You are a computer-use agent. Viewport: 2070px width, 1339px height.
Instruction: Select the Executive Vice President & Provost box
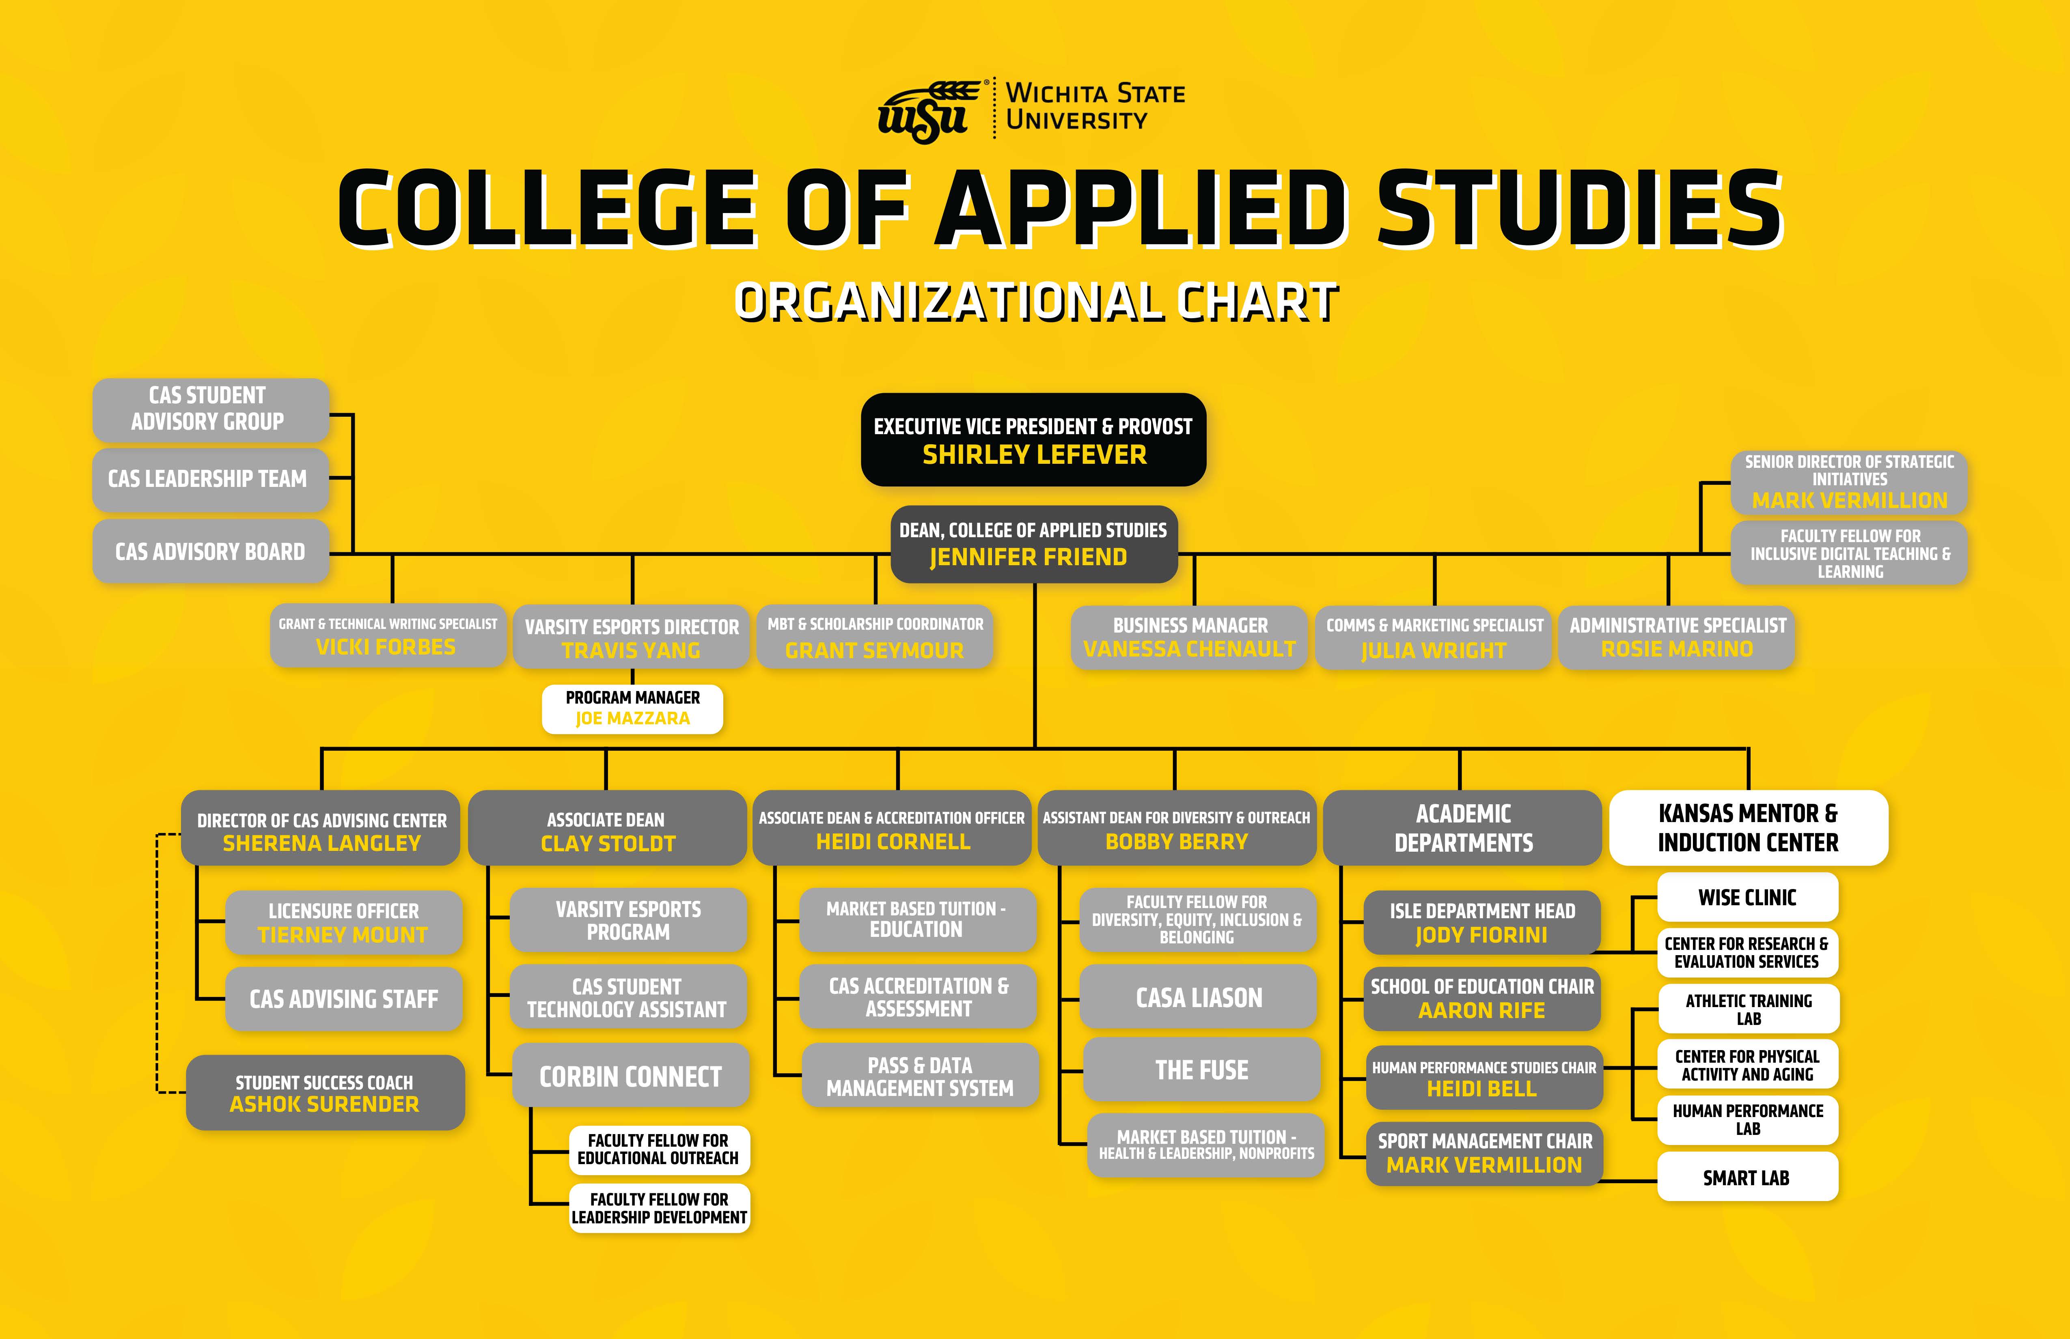(1033, 440)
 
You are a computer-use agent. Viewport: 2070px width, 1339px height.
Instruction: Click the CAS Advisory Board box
(211, 551)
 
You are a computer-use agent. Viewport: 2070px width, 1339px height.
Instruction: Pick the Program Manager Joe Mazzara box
(632, 708)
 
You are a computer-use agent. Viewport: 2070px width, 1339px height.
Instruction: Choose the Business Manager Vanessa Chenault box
(1189, 637)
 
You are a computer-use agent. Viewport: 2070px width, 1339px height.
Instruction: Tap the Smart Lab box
(1747, 1177)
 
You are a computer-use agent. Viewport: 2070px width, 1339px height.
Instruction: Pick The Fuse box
(1201, 1070)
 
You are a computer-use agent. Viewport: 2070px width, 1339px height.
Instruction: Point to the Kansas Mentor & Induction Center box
(1748, 828)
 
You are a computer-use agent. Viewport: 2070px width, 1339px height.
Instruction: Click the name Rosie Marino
(1677, 649)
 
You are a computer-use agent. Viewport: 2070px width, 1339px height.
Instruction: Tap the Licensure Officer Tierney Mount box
(343, 923)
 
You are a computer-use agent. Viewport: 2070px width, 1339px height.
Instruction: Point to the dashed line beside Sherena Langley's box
(157, 962)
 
